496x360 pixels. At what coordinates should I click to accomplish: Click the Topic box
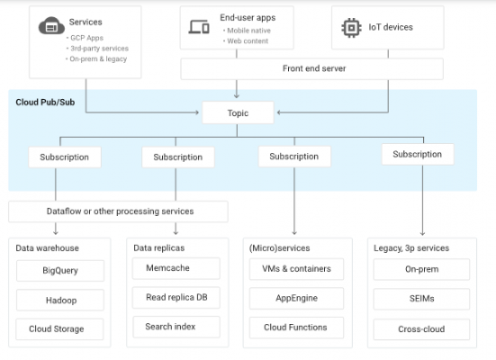[x=238, y=112]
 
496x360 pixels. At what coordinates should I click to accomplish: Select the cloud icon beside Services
[x=51, y=26]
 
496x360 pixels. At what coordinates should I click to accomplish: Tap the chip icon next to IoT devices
[x=351, y=28]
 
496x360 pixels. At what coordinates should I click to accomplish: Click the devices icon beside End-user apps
[x=199, y=27]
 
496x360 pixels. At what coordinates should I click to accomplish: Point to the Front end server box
[x=311, y=68]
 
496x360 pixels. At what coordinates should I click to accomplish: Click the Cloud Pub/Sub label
[x=45, y=103]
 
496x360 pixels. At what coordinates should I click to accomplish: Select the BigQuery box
[x=60, y=271]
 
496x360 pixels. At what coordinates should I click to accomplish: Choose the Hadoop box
[x=60, y=300]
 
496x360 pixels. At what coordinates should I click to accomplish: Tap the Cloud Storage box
[x=59, y=329]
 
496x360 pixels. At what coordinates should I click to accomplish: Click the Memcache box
[x=176, y=268]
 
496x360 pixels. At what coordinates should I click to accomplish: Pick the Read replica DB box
[x=176, y=297]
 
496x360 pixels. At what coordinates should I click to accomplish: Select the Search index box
[x=176, y=327]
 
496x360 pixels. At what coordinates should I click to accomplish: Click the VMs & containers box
[x=296, y=269]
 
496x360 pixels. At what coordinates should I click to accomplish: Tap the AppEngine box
[x=296, y=298]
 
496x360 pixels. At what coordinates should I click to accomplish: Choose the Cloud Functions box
[x=296, y=328]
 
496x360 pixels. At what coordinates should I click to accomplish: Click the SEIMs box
[x=421, y=299]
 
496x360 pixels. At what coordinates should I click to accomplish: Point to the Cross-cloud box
[x=421, y=329]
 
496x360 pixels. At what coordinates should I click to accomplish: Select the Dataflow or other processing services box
[x=118, y=211]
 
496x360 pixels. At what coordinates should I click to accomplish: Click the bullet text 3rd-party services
[x=99, y=49]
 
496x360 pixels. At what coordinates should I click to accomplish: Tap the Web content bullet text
[x=248, y=41]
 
